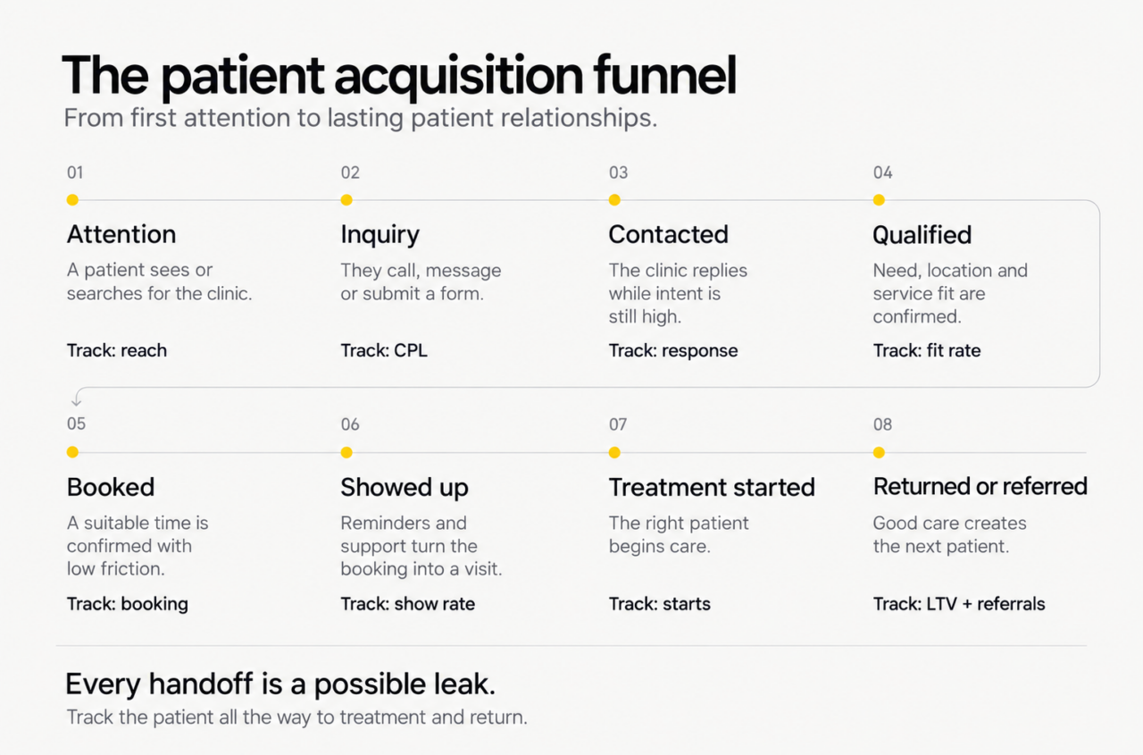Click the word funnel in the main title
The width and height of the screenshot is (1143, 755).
[665, 75]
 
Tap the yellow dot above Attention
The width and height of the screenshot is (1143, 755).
[72, 199]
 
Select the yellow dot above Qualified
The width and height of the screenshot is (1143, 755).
[879, 199]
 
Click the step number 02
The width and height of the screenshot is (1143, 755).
[350, 172]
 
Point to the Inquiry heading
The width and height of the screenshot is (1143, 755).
[380, 235]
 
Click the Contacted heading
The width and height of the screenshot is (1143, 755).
[669, 234]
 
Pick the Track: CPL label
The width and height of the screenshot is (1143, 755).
[384, 351]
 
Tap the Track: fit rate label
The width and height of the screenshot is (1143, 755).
[927, 351]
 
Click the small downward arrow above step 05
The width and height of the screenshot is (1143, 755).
[77, 398]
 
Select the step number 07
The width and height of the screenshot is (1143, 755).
[618, 424]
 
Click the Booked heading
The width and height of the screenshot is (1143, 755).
[111, 487]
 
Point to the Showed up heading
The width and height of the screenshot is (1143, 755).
[405, 488]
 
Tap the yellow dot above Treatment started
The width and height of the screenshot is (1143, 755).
[614, 452]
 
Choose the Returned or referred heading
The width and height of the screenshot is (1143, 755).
[980, 486]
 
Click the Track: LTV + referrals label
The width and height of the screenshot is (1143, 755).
[959, 604]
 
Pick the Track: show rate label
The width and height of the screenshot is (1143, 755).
[408, 604]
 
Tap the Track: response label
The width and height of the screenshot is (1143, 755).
[673, 351]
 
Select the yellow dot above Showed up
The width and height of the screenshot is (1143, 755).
[346, 452]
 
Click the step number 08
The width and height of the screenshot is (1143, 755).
[883, 424]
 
